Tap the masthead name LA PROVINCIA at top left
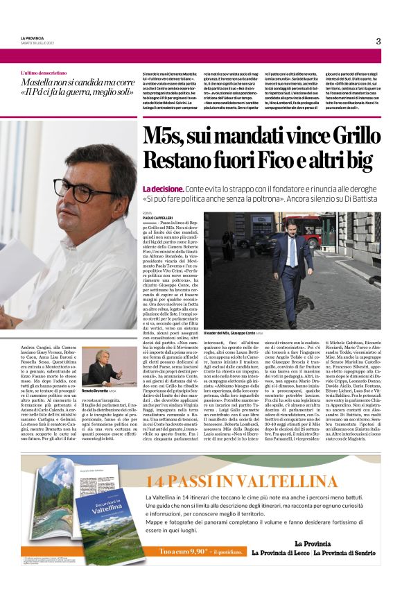pos(32,37)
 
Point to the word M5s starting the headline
pos(166,137)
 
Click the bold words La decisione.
pos(162,189)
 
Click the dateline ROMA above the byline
pos(147,212)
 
